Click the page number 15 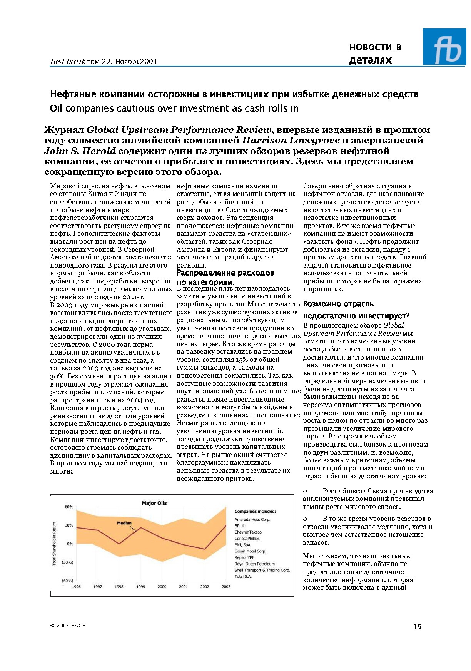pos(418,627)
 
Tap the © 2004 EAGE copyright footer pos(68,626)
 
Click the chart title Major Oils pos(154,503)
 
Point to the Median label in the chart pos(124,523)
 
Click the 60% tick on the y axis pos(69,507)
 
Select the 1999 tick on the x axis pos(141,587)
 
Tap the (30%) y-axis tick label pos(67,562)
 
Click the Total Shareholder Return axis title pos(54,544)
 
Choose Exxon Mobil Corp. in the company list pos(250,551)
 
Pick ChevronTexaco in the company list pos(248,532)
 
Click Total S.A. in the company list pos(243,577)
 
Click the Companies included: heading pos(255,512)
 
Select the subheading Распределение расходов pos(225,273)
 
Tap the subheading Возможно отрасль pos(338,304)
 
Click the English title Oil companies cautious pos(174,109)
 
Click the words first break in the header pos(68,62)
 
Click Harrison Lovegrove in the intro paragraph pos(291,141)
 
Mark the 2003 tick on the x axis pos(226,587)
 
